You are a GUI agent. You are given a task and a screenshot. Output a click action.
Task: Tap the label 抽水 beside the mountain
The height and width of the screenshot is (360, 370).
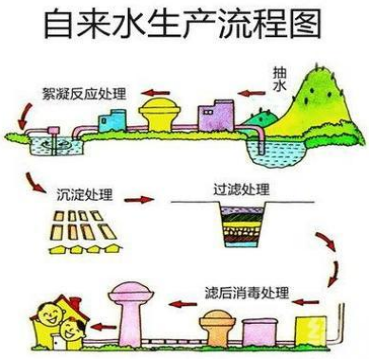282,80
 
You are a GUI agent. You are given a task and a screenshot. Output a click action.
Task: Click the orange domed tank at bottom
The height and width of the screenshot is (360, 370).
221,327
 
